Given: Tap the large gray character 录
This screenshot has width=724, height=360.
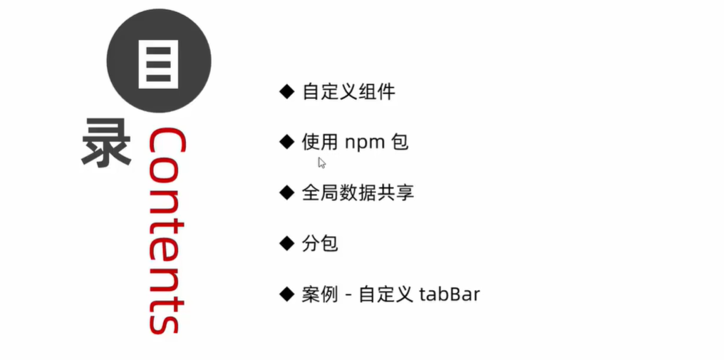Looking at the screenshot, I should [106, 142].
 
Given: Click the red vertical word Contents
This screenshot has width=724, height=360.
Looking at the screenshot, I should [166, 230].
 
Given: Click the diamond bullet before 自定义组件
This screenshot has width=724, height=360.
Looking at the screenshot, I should [287, 91].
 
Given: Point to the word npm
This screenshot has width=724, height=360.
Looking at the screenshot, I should [365, 143].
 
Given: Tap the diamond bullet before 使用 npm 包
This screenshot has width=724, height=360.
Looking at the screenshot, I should [287, 141].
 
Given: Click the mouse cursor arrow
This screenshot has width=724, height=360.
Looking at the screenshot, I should [322, 163].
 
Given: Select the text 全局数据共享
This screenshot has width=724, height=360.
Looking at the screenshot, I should [358, 192].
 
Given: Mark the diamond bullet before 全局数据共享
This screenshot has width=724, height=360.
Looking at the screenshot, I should [287, 192].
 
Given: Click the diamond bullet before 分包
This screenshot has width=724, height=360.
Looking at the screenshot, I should [287, 242].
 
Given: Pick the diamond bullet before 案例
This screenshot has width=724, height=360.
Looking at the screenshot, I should [287, 293].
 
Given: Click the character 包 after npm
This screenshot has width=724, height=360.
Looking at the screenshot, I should [400, 142].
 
